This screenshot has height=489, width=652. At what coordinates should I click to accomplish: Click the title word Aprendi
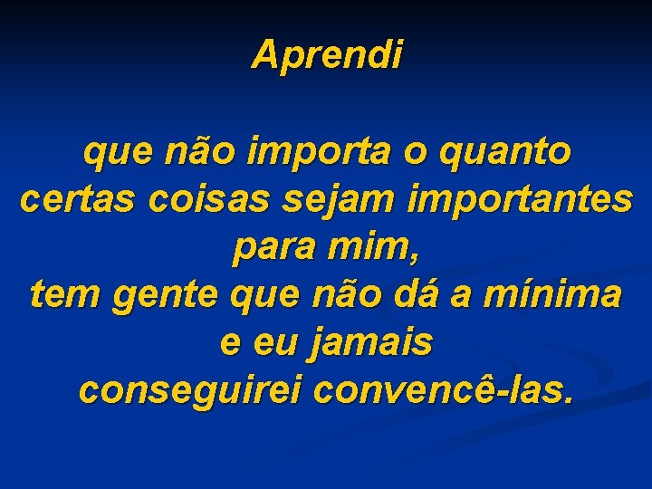[326, 54]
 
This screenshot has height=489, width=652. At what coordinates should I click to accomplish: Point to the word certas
[72, 200]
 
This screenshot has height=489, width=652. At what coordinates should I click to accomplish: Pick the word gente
[169, 296]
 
